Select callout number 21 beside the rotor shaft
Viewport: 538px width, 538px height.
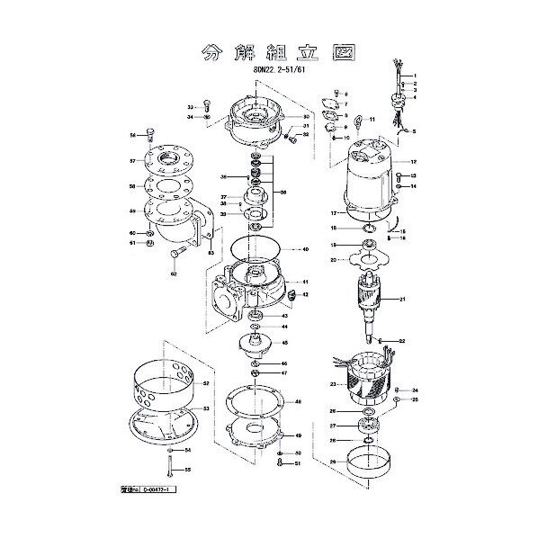pyautogui.click(x=403, y=300)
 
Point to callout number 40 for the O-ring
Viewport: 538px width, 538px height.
pyautogui.click(x=306, y=248)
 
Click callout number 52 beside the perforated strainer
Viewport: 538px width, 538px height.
pyautogui.click(x=206, y=383)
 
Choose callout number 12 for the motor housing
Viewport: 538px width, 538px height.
pyautogui.click(x=415, y=162)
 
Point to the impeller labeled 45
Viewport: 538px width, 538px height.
pyautogui.click(x=256, y=344)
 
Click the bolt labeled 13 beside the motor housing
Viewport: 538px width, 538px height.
pyautogui.click(x=398, y=175)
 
